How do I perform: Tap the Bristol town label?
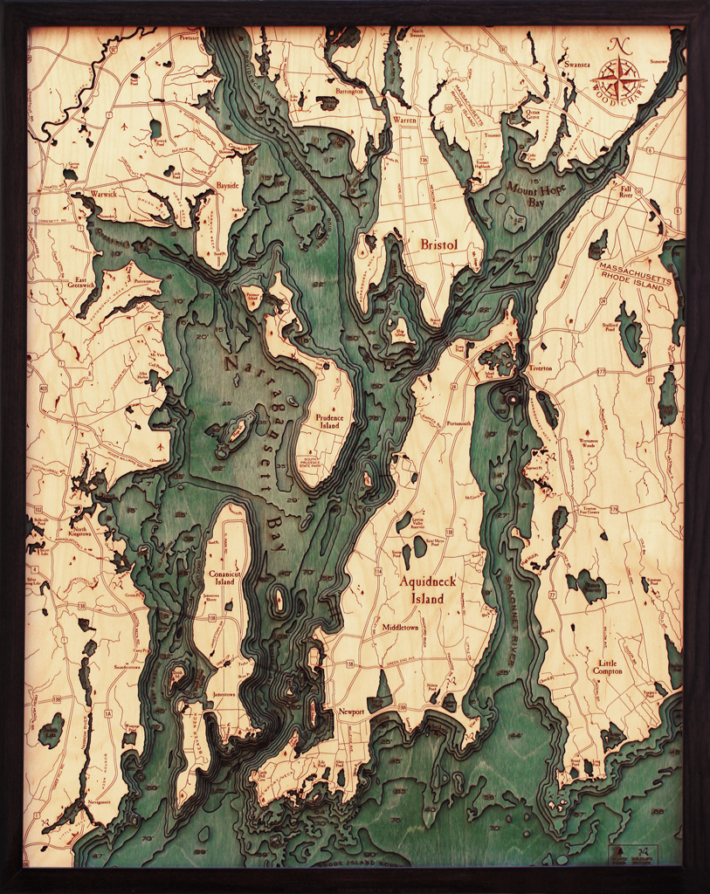tap(438, 245)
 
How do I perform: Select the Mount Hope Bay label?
tap(530, 193)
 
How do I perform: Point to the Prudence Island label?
tap(329, 422)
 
